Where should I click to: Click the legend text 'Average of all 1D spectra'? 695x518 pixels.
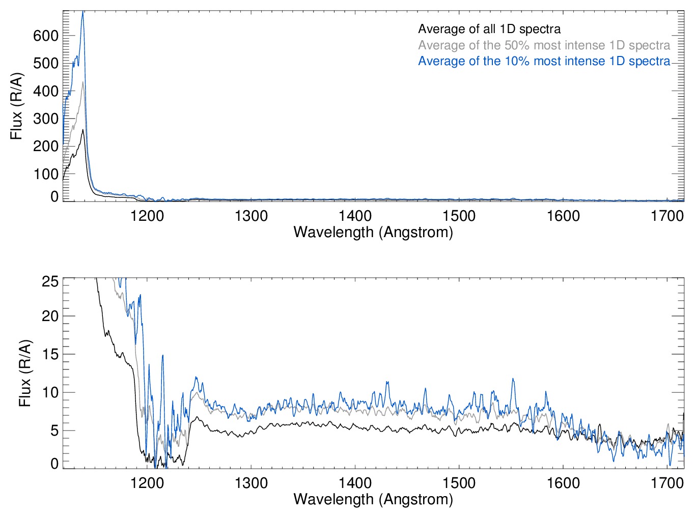[489, 29]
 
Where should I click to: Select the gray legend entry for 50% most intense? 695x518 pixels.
[544, 45]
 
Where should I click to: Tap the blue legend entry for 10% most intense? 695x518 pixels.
[544, 61]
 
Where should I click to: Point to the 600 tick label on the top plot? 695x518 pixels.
[46, 36]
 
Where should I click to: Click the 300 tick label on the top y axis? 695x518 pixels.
[46, 119]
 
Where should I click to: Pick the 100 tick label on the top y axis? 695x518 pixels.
[46, 174]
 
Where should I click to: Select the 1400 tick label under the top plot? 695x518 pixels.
[355, 216]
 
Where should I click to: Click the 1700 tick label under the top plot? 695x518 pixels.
[667, 216]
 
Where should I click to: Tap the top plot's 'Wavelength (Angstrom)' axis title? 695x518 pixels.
[373, 232]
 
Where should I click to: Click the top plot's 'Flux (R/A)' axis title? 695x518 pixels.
[16, 106]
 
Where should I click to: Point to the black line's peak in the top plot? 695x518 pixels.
[82, 130]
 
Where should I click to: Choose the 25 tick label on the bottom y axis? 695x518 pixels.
[50, 281]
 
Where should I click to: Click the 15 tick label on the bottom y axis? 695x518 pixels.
[50, 354]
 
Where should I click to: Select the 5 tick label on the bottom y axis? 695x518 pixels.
[54, 430]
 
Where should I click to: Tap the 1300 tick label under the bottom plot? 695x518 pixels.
[251, 482]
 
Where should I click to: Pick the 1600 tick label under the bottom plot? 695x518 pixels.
[563, 482]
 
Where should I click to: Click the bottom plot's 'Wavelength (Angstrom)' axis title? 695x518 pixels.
[373, 499]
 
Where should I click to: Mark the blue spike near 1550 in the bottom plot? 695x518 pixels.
[513, 379]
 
